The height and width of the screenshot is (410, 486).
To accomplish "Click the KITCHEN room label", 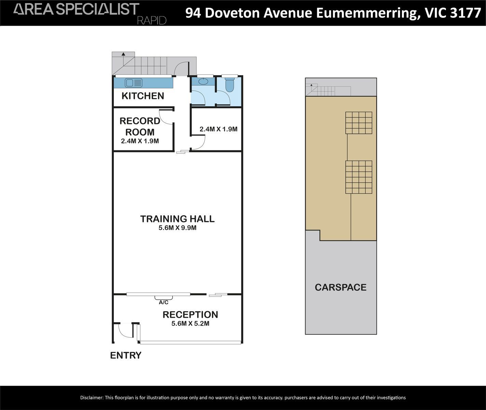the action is click(x=143, y=96).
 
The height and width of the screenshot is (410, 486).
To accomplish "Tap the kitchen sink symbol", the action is click(x=134, y=83).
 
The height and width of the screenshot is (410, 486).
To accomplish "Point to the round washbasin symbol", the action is click(x=203, y=81).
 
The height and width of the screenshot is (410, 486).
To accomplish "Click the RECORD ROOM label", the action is click(x=140, y=126).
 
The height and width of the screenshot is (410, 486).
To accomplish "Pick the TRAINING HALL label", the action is click(x=177, y=219).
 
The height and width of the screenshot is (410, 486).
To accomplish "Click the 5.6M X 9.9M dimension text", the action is click(x=178, y=228).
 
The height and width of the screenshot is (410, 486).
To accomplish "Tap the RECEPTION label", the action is click(x=190, y=315).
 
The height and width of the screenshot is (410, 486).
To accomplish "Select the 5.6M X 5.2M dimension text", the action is click(x=190, y=324).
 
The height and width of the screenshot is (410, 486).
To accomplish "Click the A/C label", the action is click(x=163, y=302).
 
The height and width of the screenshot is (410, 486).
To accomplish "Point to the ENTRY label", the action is click(x=126, y=355).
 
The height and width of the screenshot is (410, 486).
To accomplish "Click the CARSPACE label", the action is click(x=340, y=287).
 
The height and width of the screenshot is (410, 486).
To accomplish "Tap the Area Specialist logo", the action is click(x=76, y=9).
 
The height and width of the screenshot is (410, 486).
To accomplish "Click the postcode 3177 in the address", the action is click(x=466, y=13).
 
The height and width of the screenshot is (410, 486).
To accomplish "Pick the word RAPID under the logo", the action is click(x=152, y=21).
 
